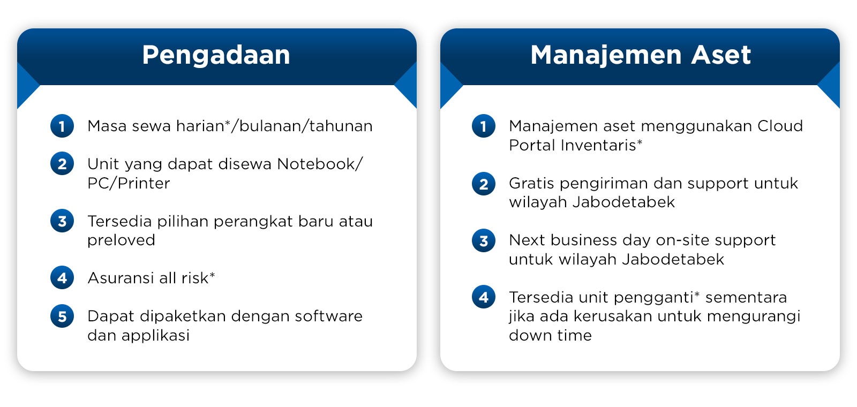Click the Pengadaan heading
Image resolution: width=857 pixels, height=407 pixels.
coord(216,56)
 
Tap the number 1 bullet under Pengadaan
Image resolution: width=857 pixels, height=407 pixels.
coord(62,126)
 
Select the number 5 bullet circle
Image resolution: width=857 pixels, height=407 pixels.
coord(62,316)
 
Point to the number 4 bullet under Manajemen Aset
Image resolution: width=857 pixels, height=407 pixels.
coord(484,297)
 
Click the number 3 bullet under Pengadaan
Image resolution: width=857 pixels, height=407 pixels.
coord(62,221)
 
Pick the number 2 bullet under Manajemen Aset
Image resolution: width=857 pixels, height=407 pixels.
coord(484,184)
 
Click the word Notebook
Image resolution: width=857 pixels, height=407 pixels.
coord(316,164)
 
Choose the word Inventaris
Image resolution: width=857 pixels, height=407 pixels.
coord(598,145)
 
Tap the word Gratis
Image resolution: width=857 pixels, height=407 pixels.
coord(531,183)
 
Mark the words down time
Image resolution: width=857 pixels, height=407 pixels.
coord(550,335)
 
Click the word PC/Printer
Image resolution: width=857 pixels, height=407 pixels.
coord(129,183)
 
